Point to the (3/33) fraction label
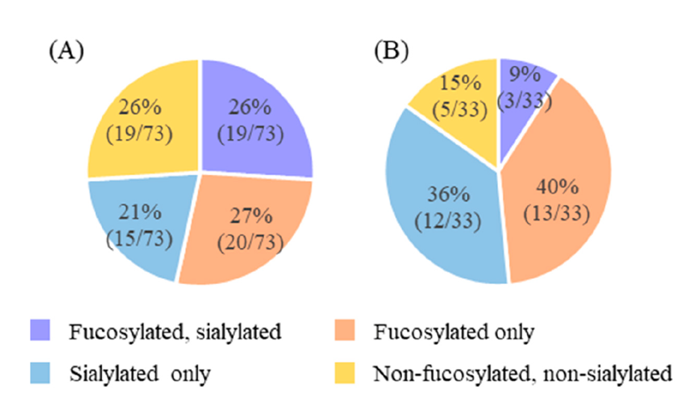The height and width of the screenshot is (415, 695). tap(527, 102)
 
